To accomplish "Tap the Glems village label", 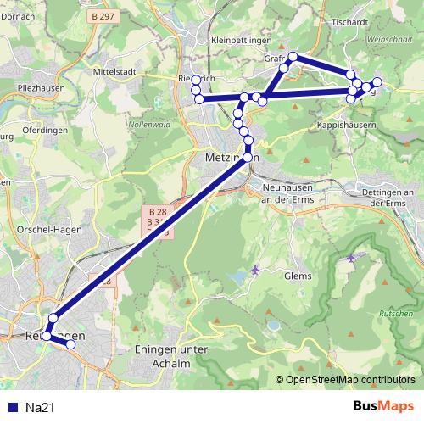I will tap(299, 275).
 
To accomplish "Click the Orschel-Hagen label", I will tap(40, 229).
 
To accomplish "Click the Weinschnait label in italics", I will tap(390, 39).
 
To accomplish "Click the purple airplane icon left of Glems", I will tap(256, 270).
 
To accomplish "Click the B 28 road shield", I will tap(157, 210).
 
